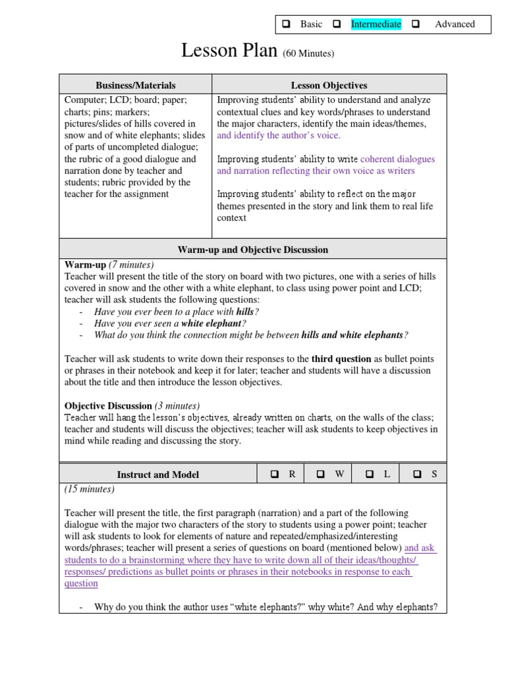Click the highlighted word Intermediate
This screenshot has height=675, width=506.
[376, 24]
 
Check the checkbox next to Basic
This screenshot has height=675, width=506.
[287, 24]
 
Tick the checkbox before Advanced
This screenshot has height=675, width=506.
[416, 24]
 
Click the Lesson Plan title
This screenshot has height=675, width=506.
[229, 51]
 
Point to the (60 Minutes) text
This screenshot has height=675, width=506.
[308, 53]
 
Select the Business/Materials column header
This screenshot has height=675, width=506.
[136, 85]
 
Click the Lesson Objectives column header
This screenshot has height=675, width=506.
[329, 85]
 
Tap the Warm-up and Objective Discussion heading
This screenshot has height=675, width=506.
[252, 250]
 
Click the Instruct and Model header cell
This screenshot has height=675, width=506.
[157, 475]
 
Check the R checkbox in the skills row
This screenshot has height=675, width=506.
[275, 474]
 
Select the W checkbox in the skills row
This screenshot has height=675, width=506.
[321, 474]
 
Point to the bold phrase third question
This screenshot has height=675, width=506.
[341, 359]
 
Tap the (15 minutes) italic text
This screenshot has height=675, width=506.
[89, 489]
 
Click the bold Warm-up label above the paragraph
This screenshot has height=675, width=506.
[84, 265]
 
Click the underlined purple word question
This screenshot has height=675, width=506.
[81, 583]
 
